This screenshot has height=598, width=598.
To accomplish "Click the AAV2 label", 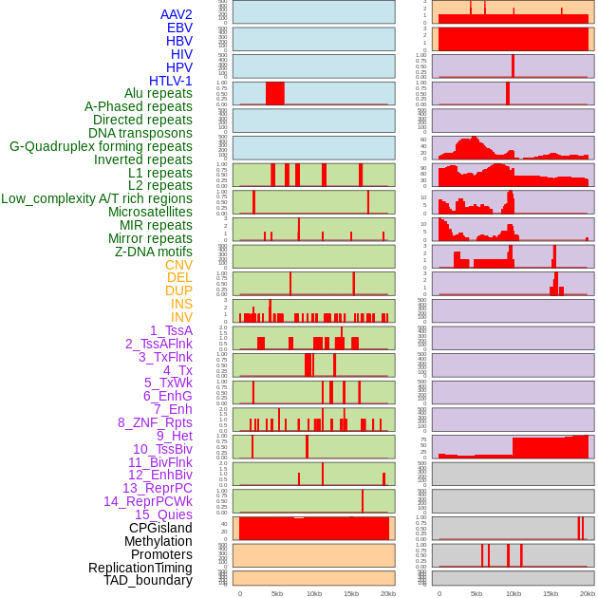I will pyautogui.click(x=176, y=14).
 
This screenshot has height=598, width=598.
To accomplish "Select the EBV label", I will pyautogui.click(x=179, y=28).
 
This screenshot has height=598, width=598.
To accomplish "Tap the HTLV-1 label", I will pyautogui.click(x=171, y=81).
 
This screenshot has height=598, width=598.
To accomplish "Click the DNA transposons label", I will pyautogui.click(x=140, y=133).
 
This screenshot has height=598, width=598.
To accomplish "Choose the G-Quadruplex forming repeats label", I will pyautogui.click(x=101, y=146).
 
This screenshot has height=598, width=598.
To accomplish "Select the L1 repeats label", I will pyautogui.click(x=160, y=173).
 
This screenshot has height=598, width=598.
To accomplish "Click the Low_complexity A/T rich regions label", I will pyautogui.click(x=97, y=198).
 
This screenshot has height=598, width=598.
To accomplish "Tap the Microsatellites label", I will pyautogui.click(x=150, y=212).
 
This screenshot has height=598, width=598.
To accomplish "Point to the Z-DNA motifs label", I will pyautogui.click(x=154, y=252).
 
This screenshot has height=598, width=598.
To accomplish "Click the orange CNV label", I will pyautogui.click(x=178, y=265).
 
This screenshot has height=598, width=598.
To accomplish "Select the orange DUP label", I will pyautogui.click(x=178, y=290).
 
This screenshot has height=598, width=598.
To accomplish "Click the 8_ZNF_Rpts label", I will pyautogui.click(x=155, y=422).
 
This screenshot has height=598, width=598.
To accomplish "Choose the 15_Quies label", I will pyautogui.click(x=163, y=514).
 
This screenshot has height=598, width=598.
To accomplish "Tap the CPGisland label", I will pyautogui.click(x=160, y=528).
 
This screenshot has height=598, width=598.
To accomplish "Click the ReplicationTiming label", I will pyautogui.click(x=140, y=568).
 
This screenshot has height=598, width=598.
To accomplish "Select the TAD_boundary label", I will pyautogui.click(x=148, y=580).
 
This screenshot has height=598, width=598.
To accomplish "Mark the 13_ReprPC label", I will pyautogui.click(x=158, y=488).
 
